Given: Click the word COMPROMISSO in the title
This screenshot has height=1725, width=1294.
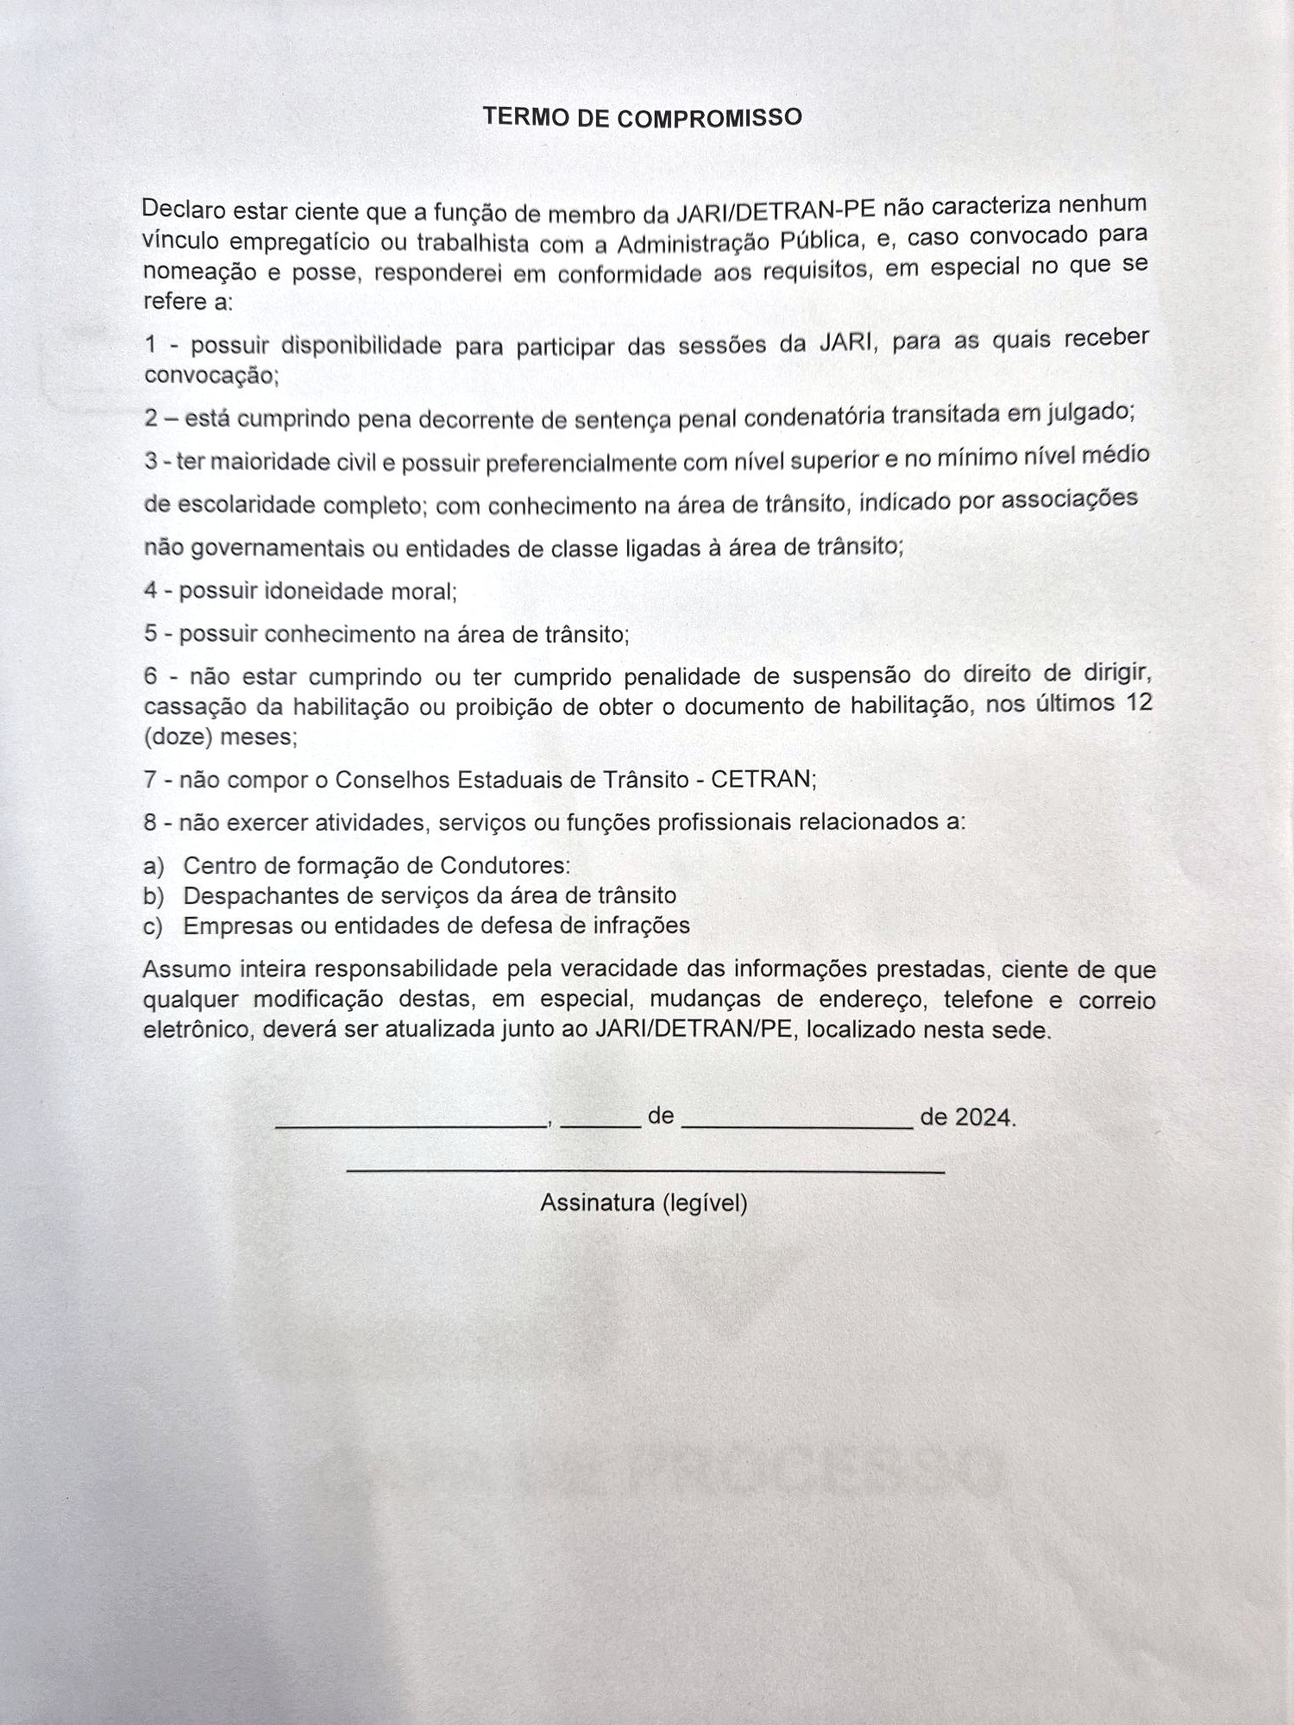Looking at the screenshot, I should tap(709, 117).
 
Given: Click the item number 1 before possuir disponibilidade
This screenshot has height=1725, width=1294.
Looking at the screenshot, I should tap(151, 345).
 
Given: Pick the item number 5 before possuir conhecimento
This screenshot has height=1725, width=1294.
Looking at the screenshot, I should tap(151, 634).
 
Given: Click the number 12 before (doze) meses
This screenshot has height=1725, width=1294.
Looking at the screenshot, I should tap(1139, 702).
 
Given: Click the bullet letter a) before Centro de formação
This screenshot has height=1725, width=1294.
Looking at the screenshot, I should tap(154, 866).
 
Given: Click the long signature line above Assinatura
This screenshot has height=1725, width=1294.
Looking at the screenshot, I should tap(645, 1171).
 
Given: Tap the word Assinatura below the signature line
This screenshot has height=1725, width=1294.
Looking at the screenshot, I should tap(597, 1202).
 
